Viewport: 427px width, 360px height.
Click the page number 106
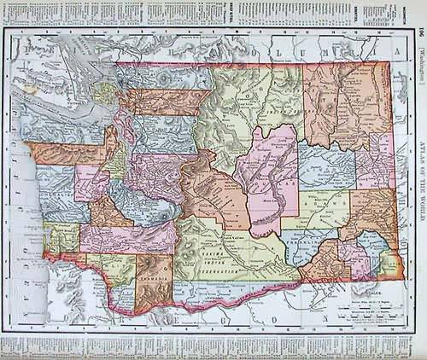coord(418,33)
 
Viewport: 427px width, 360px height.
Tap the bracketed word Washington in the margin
coord(418,64)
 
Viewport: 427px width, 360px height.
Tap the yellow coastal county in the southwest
coord(61,240)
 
